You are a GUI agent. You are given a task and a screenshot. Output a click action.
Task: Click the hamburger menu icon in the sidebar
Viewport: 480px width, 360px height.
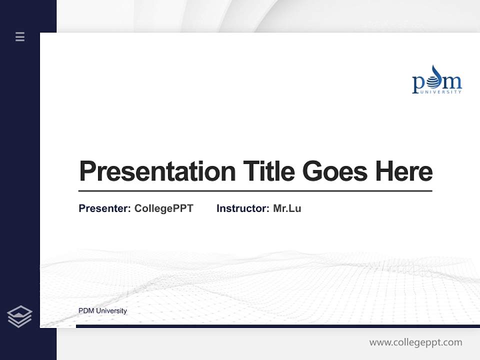(20, 36)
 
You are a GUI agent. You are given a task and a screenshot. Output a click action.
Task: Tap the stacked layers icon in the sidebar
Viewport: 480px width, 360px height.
(19, 316)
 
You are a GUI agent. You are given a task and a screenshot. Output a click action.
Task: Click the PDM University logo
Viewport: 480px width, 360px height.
(436, 80)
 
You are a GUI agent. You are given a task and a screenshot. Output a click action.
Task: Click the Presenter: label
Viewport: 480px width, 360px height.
(104, 208)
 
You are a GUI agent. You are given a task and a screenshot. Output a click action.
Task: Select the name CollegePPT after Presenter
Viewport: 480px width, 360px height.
(163, 208)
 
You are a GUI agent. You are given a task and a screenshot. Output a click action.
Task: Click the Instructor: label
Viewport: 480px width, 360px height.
(242, 208)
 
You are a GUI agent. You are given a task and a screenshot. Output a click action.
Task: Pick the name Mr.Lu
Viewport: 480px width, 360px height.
(287, 208)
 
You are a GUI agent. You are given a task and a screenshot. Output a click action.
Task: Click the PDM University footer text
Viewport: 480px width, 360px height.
(102, 311)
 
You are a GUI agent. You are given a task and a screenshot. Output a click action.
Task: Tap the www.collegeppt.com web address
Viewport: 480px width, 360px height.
(415, 342)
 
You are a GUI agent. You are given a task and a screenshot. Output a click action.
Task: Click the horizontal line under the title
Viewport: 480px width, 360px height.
(255, 190)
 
